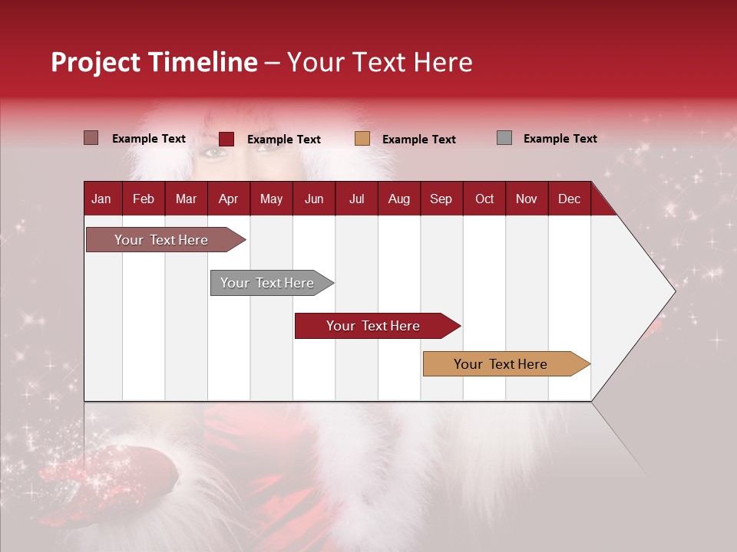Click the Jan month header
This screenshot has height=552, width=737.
click(101, 199)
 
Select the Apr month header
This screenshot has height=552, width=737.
click(228, 199)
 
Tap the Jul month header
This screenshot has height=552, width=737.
click(356, 199)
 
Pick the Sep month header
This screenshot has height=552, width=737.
click(441, 199)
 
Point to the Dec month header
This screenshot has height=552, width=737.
click(569, 199)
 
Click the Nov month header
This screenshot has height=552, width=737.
click(526, 199)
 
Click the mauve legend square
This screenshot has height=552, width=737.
click(91, 138)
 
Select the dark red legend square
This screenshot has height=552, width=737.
click(226, 139)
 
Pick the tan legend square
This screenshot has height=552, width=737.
click(362, 139)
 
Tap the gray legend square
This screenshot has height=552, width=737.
click(504, 138)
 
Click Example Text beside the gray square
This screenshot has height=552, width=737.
click(560, 139)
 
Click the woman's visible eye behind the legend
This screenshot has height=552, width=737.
click(214, 153)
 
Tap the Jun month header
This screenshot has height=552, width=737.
click(313, 199)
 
